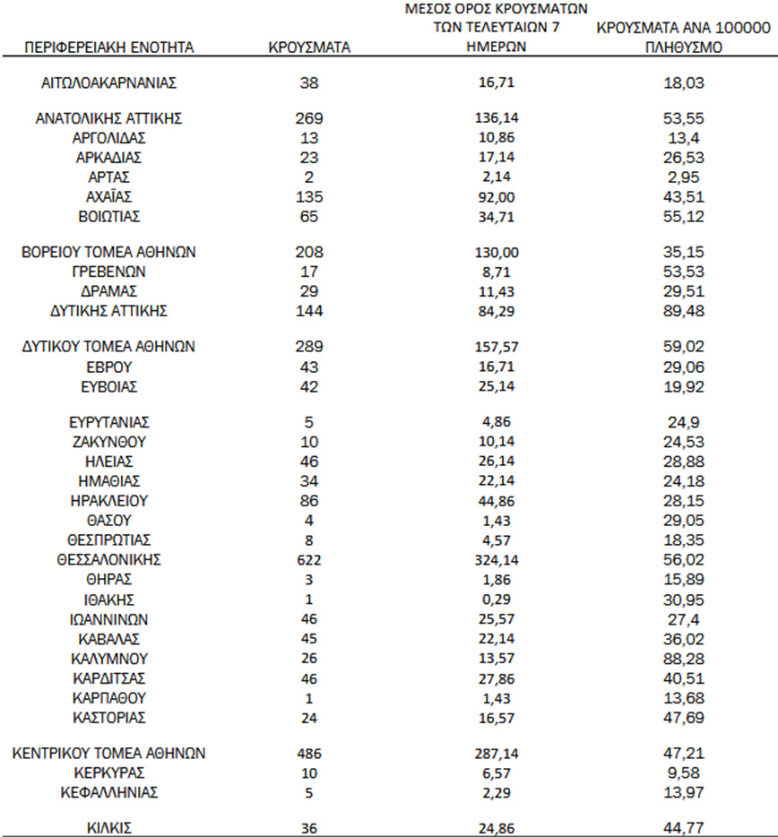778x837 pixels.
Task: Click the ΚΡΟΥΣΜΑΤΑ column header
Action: [308, 47]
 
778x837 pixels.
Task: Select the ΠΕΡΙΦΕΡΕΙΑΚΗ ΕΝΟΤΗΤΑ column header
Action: [109, 47]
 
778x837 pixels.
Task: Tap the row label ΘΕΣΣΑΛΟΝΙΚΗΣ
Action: [108, 559]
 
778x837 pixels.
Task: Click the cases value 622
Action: [308, 559]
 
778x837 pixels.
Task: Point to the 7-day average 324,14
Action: [496, 560]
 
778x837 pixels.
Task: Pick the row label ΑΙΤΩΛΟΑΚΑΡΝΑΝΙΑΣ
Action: [108, 83]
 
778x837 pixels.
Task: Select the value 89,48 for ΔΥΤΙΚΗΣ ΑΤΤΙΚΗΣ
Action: [684, 311]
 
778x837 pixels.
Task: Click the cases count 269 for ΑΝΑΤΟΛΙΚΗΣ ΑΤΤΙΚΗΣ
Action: [308, 118]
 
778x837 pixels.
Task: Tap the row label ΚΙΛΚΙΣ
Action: [108, 829]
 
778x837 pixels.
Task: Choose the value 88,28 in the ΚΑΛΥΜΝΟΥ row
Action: [684, 659]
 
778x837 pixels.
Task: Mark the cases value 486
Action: [308, 754]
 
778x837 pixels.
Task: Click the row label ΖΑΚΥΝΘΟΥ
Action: [108, 442]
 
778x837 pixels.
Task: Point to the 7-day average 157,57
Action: [496, 347]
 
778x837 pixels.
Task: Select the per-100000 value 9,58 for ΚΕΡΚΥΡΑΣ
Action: [684, 773]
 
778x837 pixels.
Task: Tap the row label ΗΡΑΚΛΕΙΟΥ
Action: [108, 501]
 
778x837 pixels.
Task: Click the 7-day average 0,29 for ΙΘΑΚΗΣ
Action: [496, 600]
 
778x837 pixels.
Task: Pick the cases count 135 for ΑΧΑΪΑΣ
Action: [308, 196]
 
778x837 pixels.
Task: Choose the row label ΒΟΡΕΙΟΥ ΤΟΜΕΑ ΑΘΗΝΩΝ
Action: [108, 253]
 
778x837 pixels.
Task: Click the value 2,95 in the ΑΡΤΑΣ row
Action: [684, 177]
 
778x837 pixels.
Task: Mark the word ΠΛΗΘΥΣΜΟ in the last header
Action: [684, 47]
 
